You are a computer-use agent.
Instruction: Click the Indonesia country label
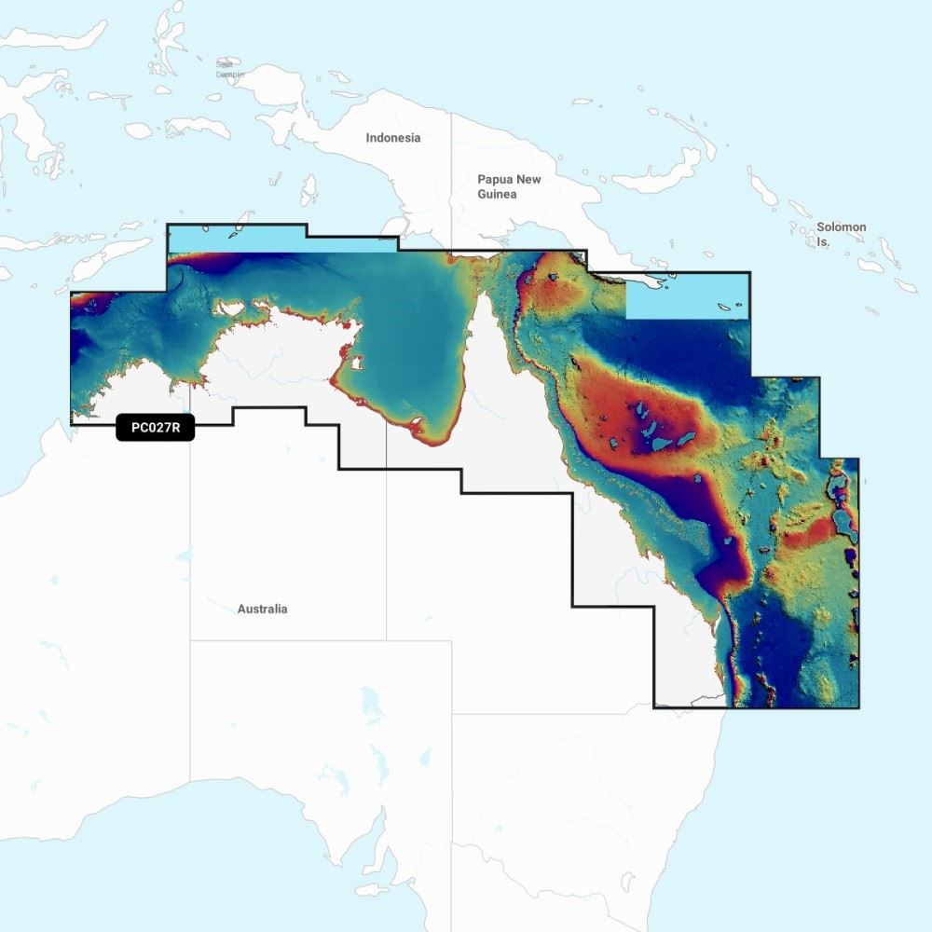(392, 138)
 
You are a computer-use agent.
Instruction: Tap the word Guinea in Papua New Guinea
(497, 194)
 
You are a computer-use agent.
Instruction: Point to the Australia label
(262, 609)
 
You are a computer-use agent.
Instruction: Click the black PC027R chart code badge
(155, 427)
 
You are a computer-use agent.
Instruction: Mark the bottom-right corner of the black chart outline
(858, 707)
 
